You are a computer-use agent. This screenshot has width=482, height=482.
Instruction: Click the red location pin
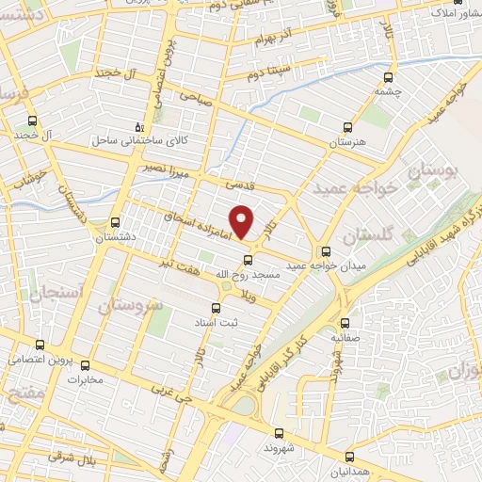click(x=242, y=222)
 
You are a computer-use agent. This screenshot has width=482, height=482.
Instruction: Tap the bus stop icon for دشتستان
click(x=116, y=223)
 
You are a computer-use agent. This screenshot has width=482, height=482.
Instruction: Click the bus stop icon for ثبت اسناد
click(x=216, y=307)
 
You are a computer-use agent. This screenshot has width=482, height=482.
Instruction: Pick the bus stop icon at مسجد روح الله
click(x=248, y=260)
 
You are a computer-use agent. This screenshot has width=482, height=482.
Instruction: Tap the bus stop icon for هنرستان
click(x=346, y=126)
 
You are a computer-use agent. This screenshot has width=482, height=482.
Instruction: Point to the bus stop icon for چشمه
click(x=390, y=79)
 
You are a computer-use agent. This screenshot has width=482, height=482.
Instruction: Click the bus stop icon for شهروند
click(x=279, y=433)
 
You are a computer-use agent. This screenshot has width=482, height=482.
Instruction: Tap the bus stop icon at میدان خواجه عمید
click(x=327, y=251)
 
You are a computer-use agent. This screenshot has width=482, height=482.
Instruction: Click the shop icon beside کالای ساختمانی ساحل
click(x=139, y=126)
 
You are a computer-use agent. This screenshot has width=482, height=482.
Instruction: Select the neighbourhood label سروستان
click(x=129, y=306)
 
